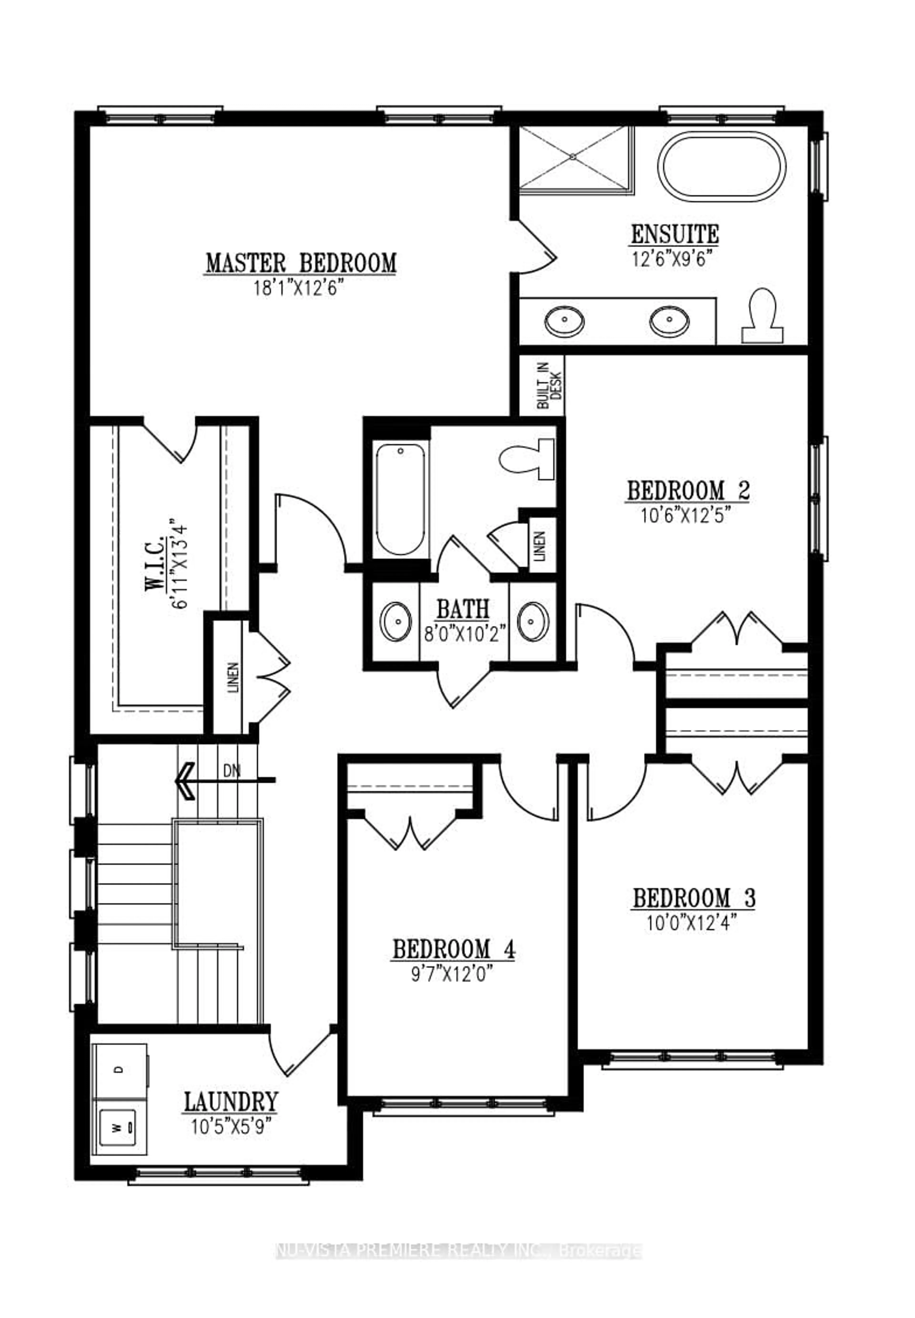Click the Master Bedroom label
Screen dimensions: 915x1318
click(x=301, y=263)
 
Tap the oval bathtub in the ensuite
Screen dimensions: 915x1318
click(x=721, y=167)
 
